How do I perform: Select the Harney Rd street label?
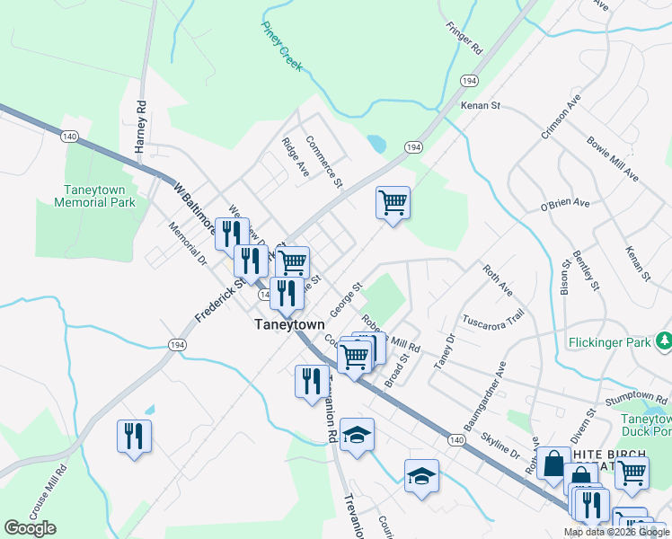tap(141, 126)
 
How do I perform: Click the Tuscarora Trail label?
tap(492, 320)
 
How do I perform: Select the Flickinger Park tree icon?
tap(664, 340)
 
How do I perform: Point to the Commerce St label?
tap(324, 162)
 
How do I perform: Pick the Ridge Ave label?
tap(295, 156)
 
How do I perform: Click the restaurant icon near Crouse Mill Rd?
tap(134, 437)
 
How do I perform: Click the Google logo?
tap(30, 528)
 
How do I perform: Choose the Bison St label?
tap(566, 277)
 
